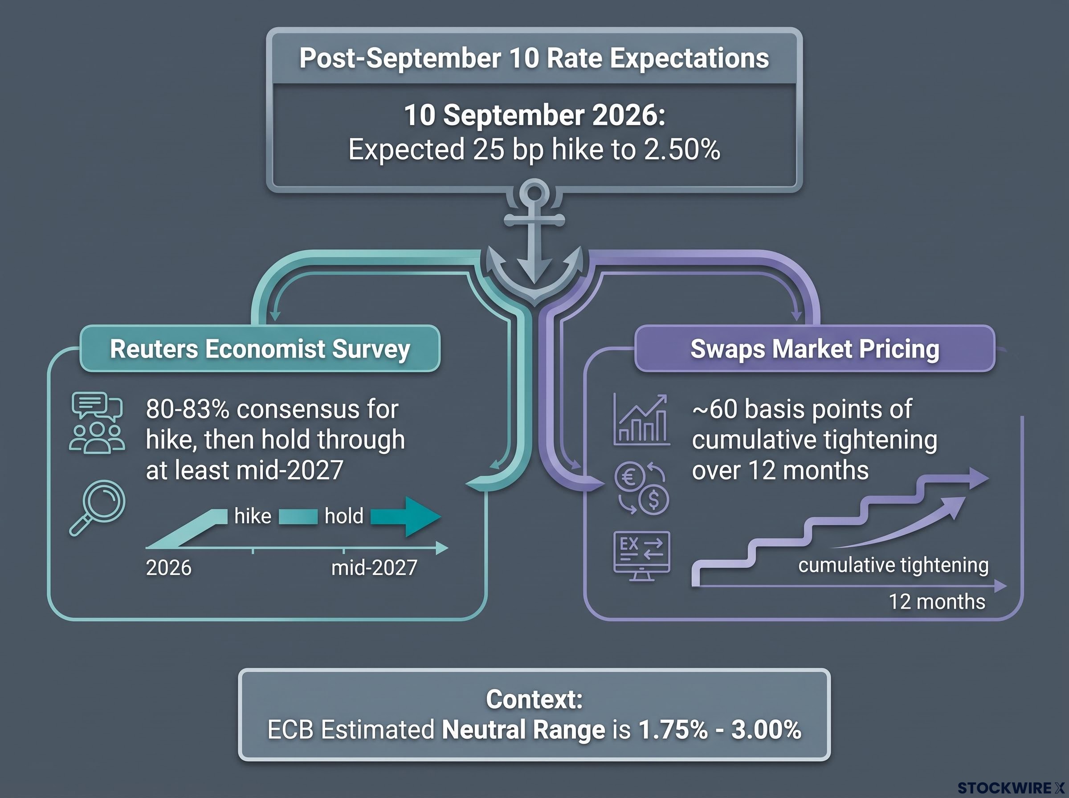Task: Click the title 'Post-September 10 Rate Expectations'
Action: [534, 58]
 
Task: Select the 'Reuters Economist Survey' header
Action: [260, 349]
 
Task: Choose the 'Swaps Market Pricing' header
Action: [815, 349]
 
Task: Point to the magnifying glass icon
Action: [98, 508]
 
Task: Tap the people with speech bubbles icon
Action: [97, 422]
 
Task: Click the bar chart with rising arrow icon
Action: [641, 419]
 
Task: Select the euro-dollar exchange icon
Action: [641, 488]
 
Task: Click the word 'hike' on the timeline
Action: [253, 517]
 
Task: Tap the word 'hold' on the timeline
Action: [344, 517]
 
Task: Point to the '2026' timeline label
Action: [168, 568]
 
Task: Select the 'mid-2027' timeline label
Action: [374, 568]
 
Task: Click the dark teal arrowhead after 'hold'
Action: [423, 517]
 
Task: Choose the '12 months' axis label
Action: [937, 602]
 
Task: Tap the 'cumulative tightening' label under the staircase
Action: [893, 565]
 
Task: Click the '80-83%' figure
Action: [188, 409]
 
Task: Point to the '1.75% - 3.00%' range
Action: [720, 729]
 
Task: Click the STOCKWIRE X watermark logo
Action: [1011, 788]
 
